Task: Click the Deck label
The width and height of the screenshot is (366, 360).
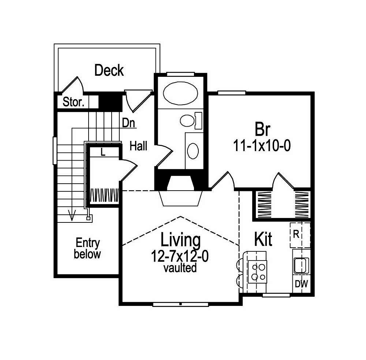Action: pos(109,70)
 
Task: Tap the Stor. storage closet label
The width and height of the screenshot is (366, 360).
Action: pos(74,102)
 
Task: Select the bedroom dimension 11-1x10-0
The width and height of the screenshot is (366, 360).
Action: pos(262,146)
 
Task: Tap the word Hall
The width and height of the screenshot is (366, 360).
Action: pos(139,146)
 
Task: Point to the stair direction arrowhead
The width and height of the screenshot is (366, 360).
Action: pos(72,217)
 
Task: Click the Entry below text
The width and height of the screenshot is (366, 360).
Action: pos(87,248)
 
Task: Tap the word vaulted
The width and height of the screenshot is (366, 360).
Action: pos(180,268)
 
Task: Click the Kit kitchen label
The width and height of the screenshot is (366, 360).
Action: pos(263,240)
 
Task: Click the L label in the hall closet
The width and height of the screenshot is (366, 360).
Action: pos(103,153)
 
